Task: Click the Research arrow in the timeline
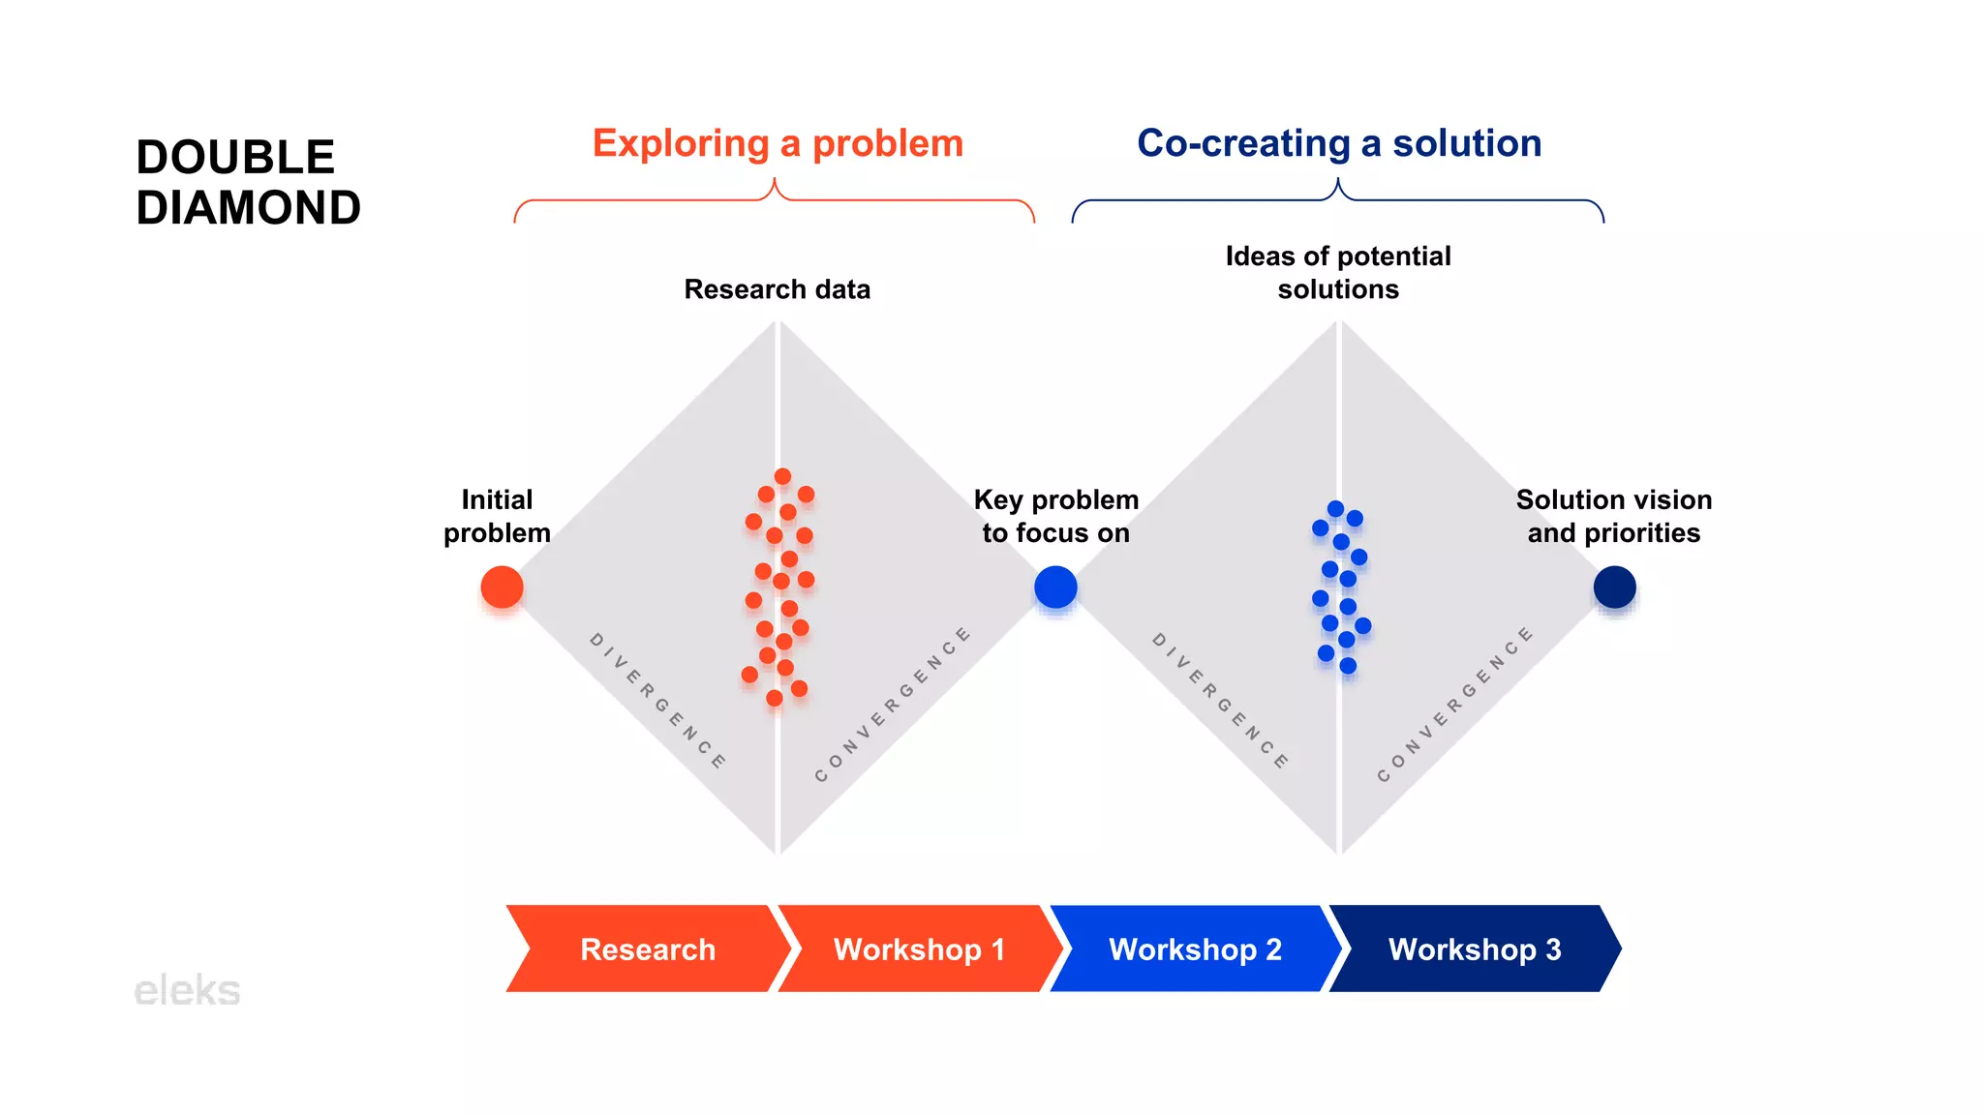coord(647,949)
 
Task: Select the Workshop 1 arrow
coord(919,949)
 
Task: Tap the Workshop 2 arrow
coord(1195,949)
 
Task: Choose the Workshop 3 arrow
coord(1474,949)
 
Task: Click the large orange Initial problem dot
coord(502,588)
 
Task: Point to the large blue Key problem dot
coord(1055,588)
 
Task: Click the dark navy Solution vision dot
coord(1614,588)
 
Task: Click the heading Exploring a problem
coord(778,143)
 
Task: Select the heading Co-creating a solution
coord(1339,143)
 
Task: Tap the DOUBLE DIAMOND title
coord(248,182)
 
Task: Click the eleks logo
coord(187,990)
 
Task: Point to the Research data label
coord(777,289)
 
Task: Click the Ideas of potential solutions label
coord(1338,273)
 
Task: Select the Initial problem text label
coord(497,516)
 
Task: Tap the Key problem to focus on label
coord(1055,516)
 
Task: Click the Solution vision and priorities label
coord(1613,516)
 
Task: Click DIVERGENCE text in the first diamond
coord(657,701)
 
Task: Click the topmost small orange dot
coord(782,476)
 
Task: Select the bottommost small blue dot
coord(1348,666)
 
